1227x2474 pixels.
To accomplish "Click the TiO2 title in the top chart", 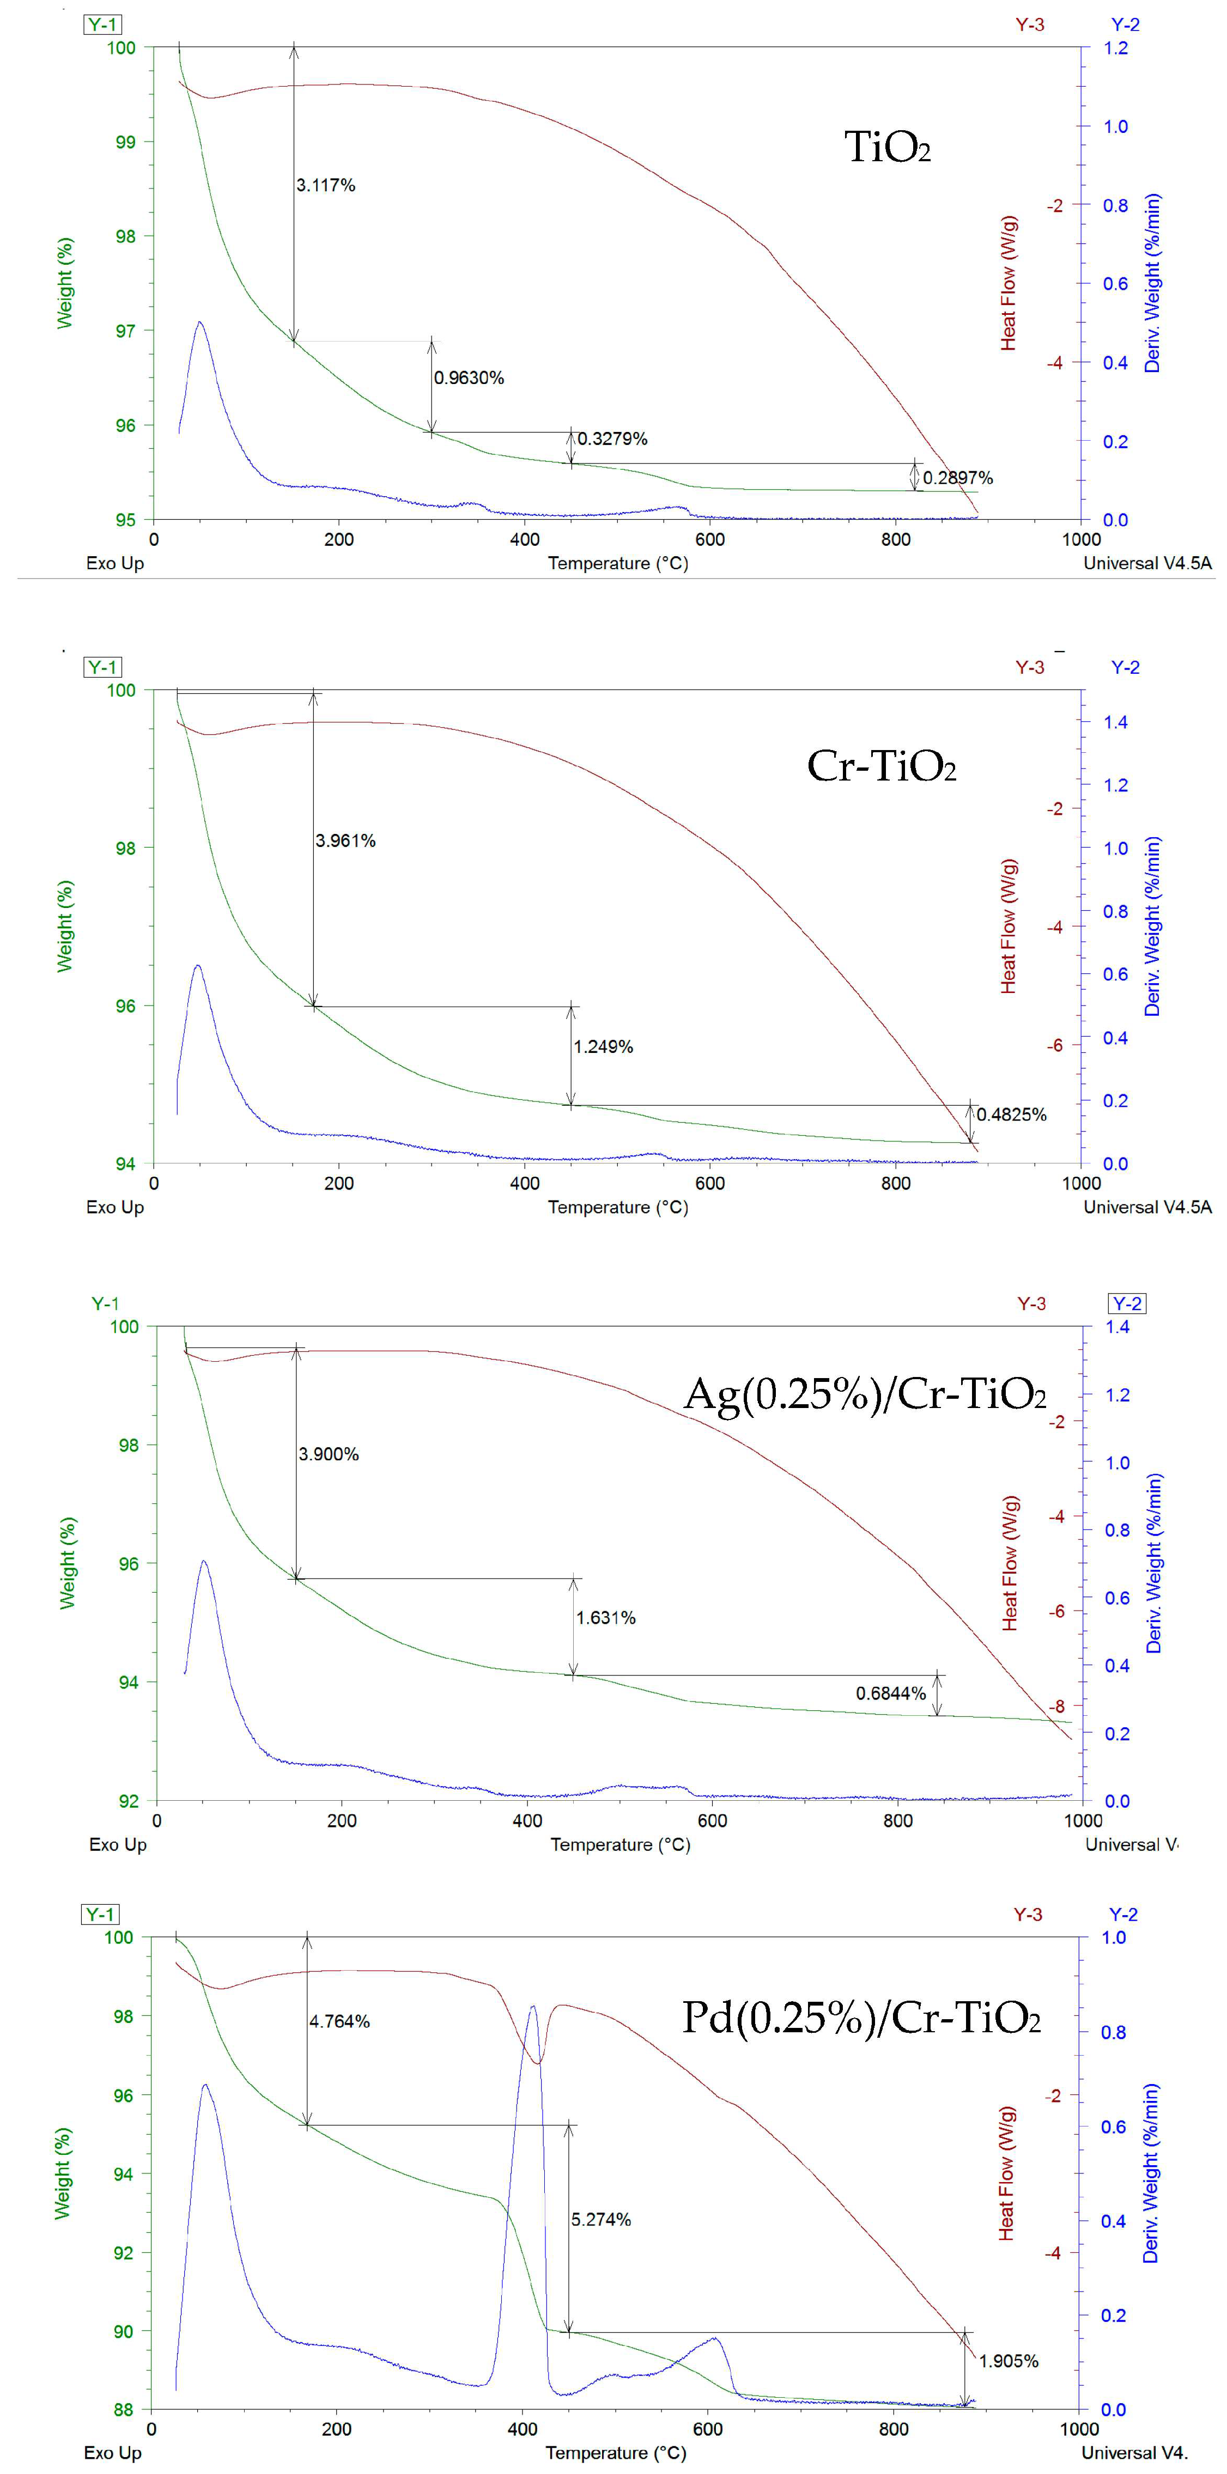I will point(887,147).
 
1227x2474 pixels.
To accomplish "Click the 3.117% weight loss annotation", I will point(326,185).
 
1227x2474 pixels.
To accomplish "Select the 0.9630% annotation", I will point(469,377).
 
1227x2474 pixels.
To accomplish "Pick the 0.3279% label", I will point(612,439).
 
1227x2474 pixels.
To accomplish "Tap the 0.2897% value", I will point(958,477).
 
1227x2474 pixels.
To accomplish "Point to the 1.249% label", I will point(603,1047).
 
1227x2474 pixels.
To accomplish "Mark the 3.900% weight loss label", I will point(329,1454).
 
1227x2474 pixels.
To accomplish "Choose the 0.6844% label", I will point(891,1693).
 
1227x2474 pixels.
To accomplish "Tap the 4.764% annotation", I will point(339,2021).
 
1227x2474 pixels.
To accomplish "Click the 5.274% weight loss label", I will point(602,2219).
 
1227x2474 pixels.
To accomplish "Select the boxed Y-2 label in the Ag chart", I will point(1127,1303).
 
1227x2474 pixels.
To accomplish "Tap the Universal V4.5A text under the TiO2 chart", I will point(1147,563).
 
